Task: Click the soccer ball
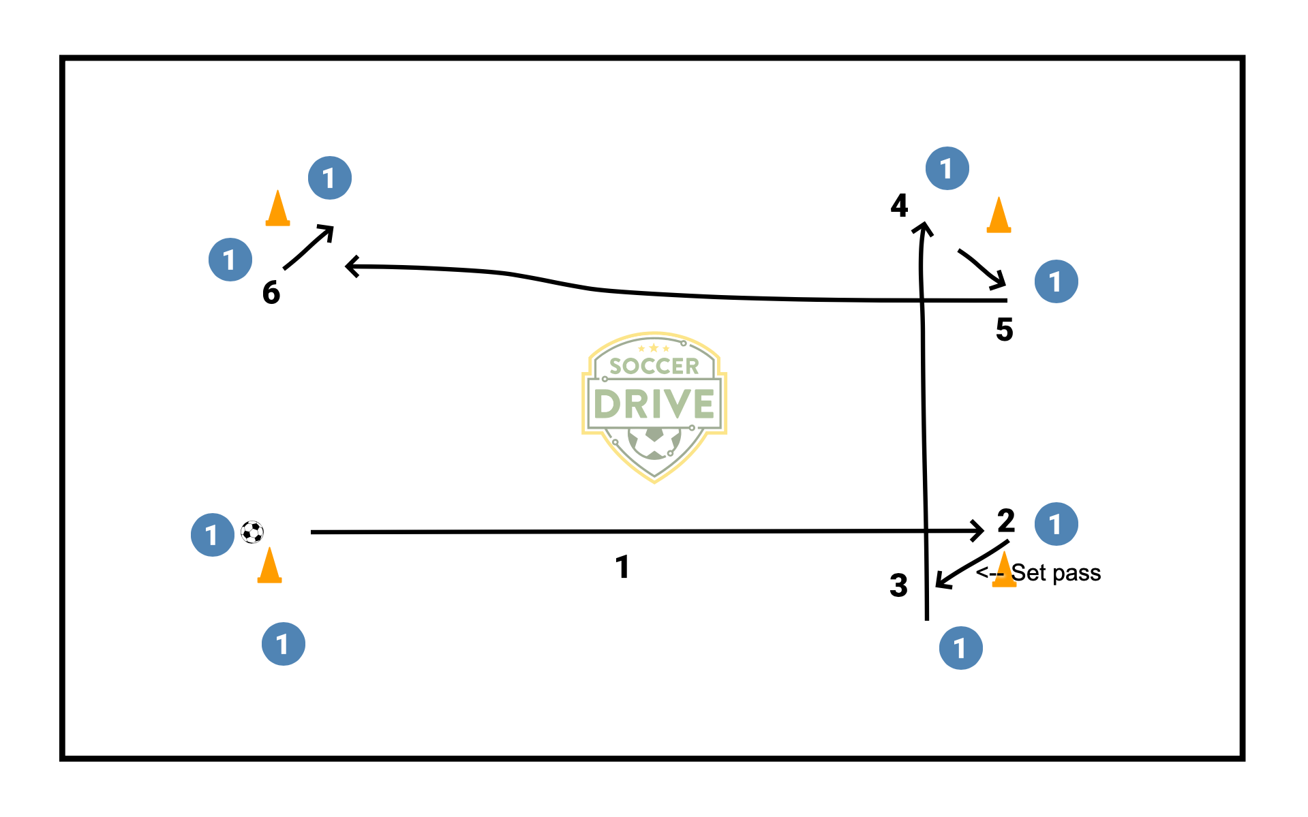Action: (x=252, y=532)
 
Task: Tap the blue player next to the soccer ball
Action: (x=213, y=535)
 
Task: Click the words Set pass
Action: (x=1056, y=573)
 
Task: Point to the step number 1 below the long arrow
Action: (x=622, y=567)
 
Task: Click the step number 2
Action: (x=1006, y=521)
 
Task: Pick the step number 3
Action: (x=898, y=585)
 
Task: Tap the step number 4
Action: (x=899, y=205)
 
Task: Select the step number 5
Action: (x=1004, y=330)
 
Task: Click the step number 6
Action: (x=271, y=292)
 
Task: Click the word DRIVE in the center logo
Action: (x=654, y=404)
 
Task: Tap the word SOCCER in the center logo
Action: (x=654, y=367)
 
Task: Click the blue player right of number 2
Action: (x=1056, y=524)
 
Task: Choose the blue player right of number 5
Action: (x=1056, y=281)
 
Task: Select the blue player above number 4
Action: (x=947, y=168)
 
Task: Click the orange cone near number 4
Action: (x=999, y=216)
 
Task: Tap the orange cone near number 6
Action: (x=277, y=209)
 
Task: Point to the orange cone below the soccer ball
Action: (x=269, y=566)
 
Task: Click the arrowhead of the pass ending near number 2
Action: (x=978, y=531)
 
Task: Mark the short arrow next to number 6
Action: (x=308, y=247)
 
